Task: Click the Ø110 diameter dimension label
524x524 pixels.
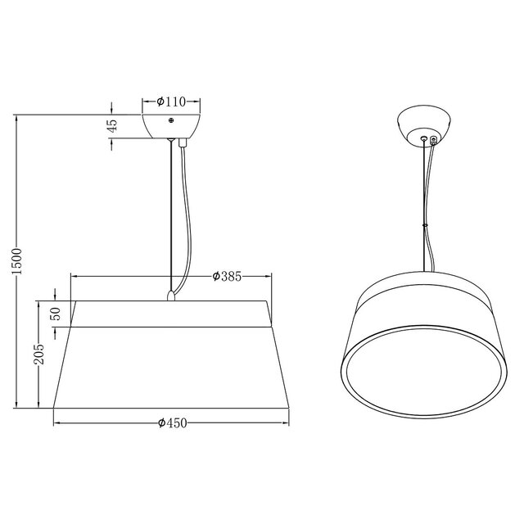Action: point(172,102)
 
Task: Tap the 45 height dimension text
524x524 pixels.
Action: point(113,125)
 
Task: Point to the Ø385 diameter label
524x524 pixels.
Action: point(226,277)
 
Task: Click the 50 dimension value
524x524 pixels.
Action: point(56,314)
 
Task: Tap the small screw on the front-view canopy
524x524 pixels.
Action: point(172,120)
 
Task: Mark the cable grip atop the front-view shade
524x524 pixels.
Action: point(171,294)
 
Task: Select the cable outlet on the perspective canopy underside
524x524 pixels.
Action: point(433,140)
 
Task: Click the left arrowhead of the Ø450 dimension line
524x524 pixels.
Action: point(56,423)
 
